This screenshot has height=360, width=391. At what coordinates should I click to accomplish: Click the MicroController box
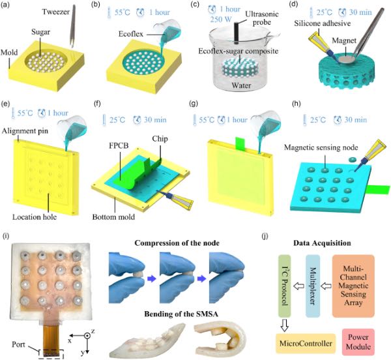click(x=306, y=344)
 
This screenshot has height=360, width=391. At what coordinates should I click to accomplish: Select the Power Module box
click(x=358, y=342)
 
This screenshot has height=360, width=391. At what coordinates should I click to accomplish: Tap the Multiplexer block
click(x=313, y=286)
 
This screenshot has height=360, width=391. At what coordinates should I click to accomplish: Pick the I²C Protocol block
click(x=285, y=286)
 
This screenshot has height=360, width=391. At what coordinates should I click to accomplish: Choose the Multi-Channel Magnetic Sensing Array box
click(x=353, y=286)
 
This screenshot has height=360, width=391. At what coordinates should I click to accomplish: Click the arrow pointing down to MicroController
click(x=285, y=325)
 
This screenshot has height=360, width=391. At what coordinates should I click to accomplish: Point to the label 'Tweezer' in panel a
click(x=56, y=12)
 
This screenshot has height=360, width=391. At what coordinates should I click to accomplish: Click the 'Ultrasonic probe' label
click(x=262, y=18)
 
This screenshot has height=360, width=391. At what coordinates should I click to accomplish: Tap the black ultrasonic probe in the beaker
click(x=236, y=32)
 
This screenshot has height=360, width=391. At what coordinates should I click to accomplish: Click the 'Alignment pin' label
click(x=25, y=130)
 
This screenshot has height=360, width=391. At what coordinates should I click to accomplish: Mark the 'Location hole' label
click(x=35, y=217)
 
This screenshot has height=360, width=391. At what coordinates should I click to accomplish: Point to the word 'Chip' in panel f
click(x=160, y=139)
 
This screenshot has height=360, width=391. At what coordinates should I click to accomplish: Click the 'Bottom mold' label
click(x=113, y=217)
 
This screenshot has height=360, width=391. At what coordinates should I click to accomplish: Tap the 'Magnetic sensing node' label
click(x=321, y=147)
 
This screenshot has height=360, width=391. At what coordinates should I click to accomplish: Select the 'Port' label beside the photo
click(x=18, y=344)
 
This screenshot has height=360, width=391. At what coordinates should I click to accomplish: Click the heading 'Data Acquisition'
click(x=322, y=243)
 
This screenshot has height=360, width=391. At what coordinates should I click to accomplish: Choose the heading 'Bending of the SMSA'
click(x=181, y=314)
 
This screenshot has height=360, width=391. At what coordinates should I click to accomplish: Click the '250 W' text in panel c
click(x=221, y=19)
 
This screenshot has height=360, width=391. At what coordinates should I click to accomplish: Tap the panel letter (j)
click(x=265, y=235)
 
